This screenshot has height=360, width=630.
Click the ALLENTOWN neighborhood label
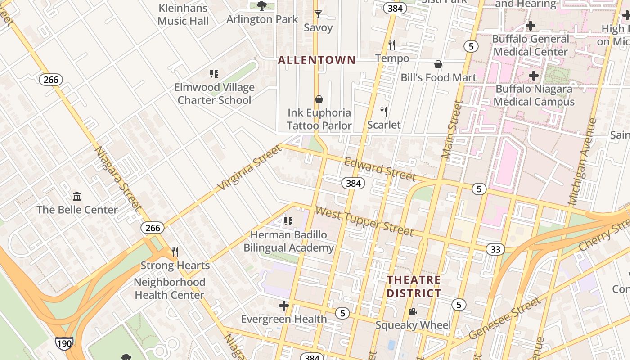point(317,60)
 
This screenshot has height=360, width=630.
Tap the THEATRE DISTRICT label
point(414,287)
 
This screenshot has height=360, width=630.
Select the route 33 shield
point(495,249)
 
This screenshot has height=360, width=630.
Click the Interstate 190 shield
point(64,344)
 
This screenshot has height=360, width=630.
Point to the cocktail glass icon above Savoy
point(318,14)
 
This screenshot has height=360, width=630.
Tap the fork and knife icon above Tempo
point(392,45)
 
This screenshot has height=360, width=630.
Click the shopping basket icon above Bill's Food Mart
point(438,64)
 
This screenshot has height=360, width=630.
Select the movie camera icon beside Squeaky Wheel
point(413,312)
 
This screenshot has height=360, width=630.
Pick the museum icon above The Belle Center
point(77,196)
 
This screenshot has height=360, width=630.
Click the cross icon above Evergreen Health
point(284,306)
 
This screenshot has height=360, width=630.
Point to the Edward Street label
point(379,169)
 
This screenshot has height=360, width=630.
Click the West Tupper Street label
point(364,221)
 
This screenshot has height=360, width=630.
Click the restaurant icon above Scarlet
point(384,112)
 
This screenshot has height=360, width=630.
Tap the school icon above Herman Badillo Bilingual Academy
point(288,221)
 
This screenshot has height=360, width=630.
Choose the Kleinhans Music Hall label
point(183,14)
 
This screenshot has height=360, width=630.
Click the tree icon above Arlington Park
point(262,6)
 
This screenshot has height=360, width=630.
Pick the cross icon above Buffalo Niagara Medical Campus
point(534,76)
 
